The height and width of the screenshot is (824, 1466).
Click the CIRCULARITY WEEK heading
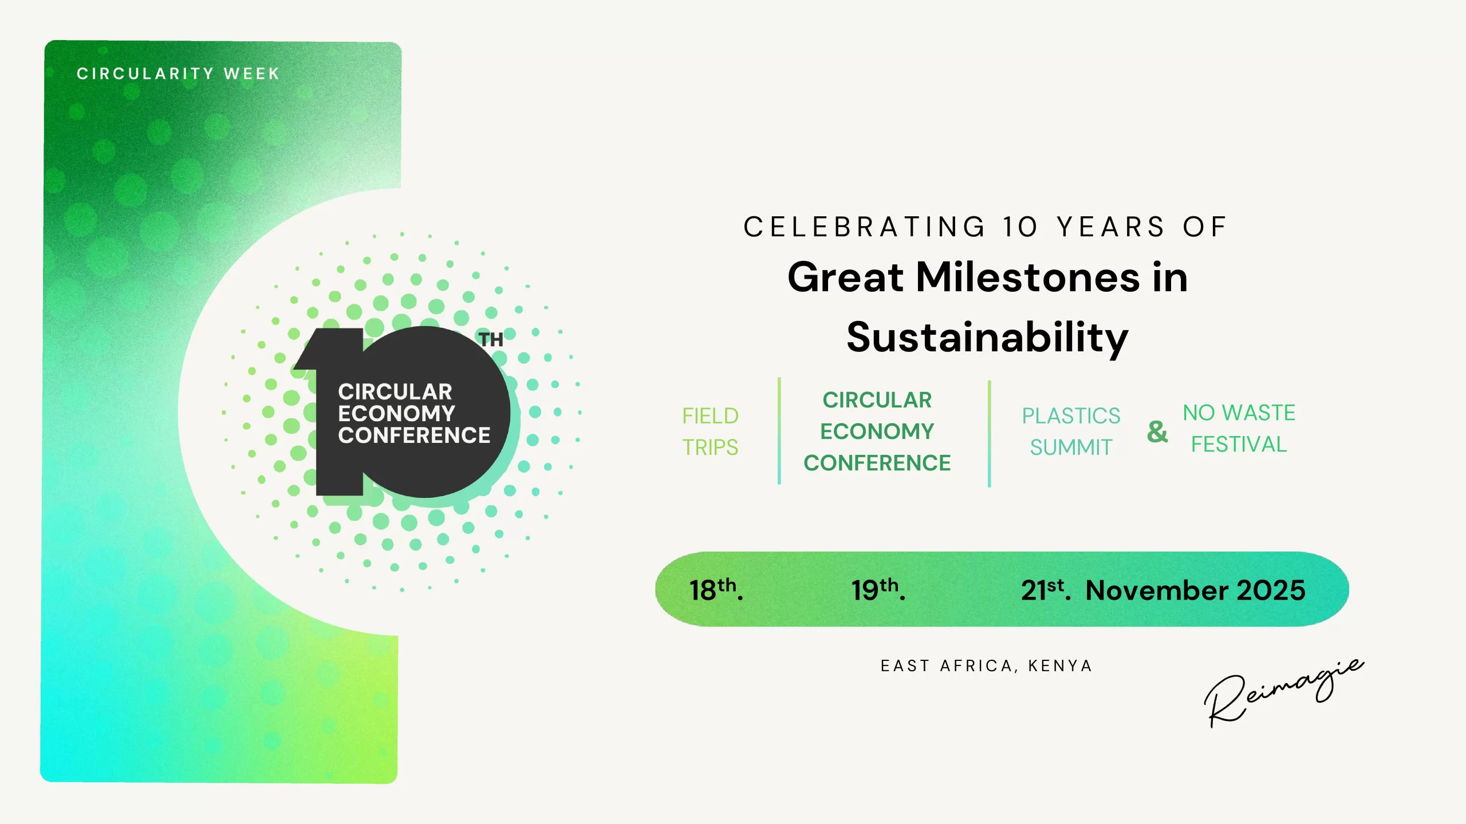[x=178, y=74]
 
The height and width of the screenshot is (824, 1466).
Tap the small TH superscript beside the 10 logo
[x=491, y=339]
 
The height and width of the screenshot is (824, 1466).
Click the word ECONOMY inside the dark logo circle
[x=396, y=413]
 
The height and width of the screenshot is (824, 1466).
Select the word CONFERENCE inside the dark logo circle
[x=414, y=435]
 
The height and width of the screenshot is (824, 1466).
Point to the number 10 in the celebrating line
[x=1020, y=227]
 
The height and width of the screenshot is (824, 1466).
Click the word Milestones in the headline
[x=1028, y=277]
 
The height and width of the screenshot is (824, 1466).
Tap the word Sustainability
[x=987, y=339]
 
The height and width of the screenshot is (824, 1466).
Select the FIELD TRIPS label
[x=710, y=431]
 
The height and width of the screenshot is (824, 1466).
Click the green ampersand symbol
[x=1157, y=431]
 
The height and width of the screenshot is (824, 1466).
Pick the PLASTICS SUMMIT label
[x=1071, y=431]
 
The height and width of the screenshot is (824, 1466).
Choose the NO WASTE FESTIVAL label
[x=1239, y=428]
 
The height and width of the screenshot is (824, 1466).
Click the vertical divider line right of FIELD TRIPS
[x=779, y=431]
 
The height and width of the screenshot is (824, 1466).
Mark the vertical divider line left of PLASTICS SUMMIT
[x=989, y=434]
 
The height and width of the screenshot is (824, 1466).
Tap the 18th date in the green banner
[x=716, y=589]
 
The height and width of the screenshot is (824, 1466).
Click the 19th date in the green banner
[x=878, y=589]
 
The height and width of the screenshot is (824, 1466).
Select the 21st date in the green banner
[x=1046, y=589]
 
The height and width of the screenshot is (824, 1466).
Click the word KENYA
[x=1060, y=665]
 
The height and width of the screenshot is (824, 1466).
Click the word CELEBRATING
[x=864, y=227]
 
